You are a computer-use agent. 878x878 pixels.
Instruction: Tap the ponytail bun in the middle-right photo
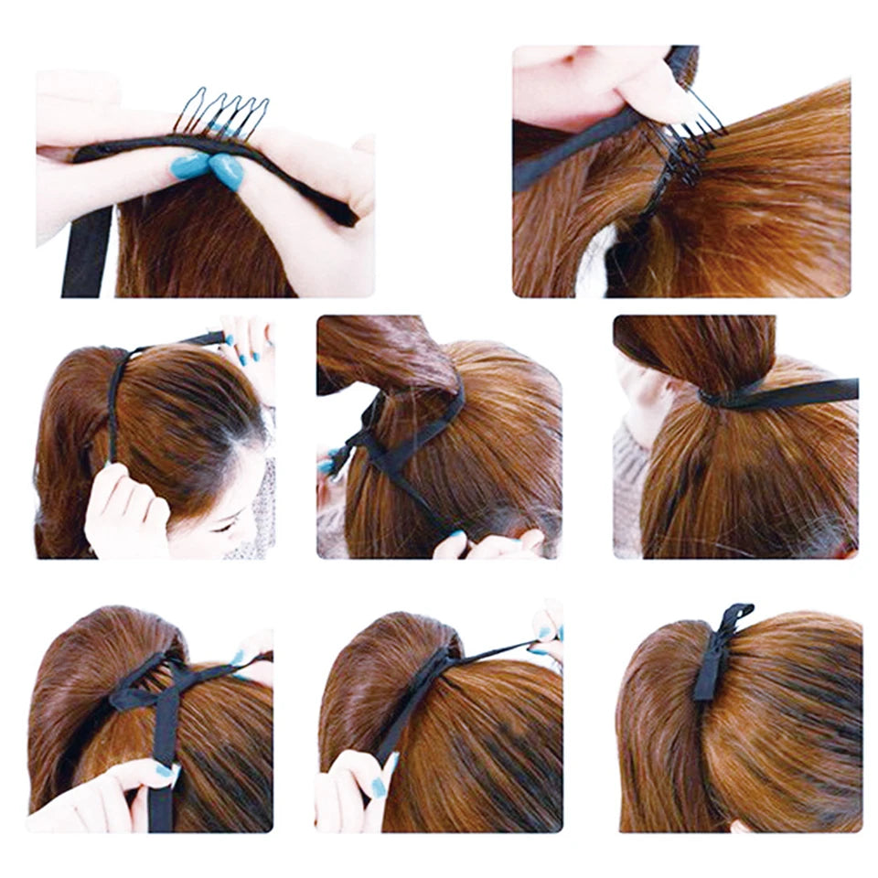[x=695, y=352]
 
